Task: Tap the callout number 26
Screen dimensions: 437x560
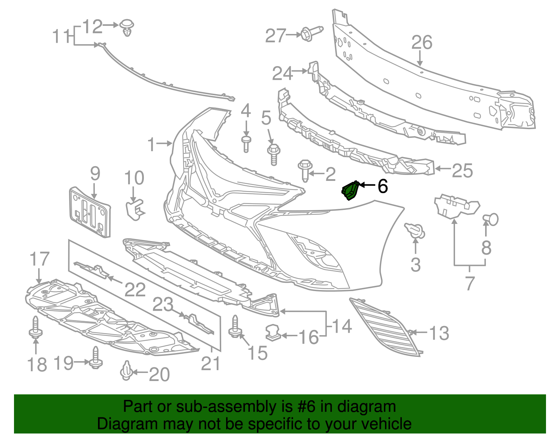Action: [422, 43]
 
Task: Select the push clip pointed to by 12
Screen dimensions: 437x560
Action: [127, 28]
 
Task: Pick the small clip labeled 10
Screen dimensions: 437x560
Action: [134, 209]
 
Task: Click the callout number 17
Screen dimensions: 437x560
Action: [39, 260]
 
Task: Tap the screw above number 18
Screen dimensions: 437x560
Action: [35, 327]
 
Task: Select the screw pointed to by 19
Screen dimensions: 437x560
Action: [95, 358]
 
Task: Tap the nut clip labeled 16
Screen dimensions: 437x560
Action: [273, 332]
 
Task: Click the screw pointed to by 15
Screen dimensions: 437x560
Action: [235, 327]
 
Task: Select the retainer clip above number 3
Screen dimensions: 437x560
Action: [415, 231]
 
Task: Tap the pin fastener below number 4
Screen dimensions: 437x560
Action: [246, 144]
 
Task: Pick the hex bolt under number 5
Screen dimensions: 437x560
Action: [273, 154]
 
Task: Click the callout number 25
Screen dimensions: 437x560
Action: [462, 171]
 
